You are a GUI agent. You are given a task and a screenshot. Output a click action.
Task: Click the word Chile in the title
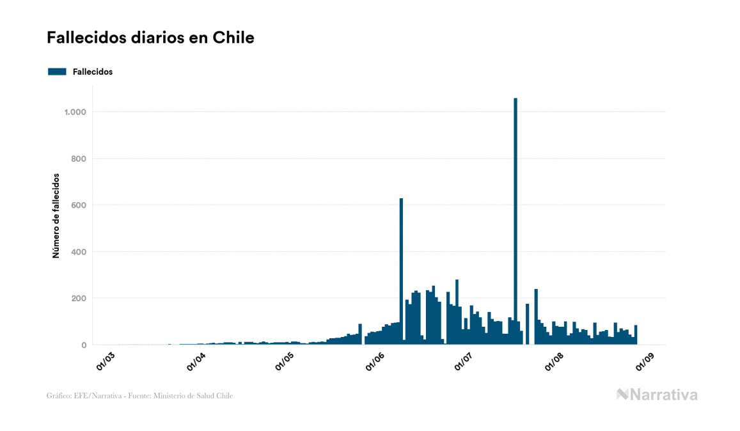tap(237, 38)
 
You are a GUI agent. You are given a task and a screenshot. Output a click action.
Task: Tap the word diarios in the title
tap(154, 38)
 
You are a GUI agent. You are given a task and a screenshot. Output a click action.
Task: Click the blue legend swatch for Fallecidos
tap(57, 72)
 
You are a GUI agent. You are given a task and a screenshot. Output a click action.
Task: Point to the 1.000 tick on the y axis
tap(75, 112)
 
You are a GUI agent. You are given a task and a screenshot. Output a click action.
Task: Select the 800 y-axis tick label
tap(79, 159)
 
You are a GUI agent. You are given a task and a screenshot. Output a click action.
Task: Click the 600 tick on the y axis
tap(79, 205)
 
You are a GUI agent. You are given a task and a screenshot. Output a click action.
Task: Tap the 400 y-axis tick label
tap(79, 252)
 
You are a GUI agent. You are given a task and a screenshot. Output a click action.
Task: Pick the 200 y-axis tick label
tap(79, 299)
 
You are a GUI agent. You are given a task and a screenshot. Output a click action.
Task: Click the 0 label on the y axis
tap(84, 345)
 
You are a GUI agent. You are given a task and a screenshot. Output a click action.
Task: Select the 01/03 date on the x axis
tap(106, 361)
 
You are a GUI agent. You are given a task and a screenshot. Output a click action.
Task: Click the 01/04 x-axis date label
tap(196, 361)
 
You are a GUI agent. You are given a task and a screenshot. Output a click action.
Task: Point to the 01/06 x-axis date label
tap(374, 361)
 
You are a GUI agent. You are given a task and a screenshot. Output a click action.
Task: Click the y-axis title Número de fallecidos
tap(56, 215)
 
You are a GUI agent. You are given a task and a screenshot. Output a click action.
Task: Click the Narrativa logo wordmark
tap(657, 395)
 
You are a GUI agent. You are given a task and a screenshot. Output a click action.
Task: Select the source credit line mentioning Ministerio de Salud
tap(139, 396)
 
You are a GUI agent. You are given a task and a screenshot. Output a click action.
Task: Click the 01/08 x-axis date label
tap(553, 361)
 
